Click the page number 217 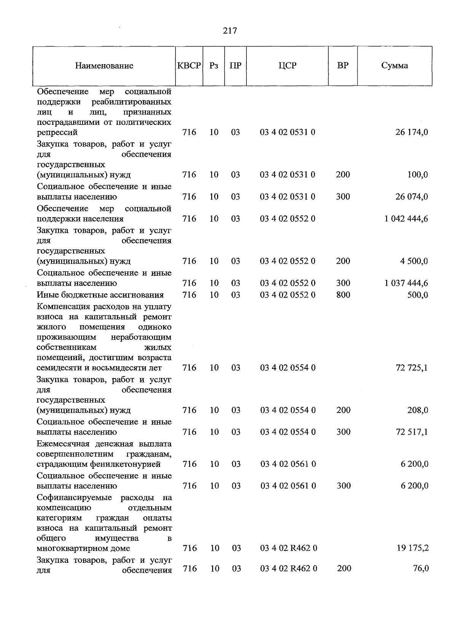pos(230,31)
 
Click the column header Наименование pos(104,66)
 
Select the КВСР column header pos(189,66)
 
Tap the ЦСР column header pos(287,66)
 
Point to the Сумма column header pos(395,66)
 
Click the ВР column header pos(343,66)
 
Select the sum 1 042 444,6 pos(406,219)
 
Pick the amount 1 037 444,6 pos(406,283)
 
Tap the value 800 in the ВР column pos(343,295)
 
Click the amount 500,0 pos(417,295)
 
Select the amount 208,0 pos(417,410)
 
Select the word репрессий pos(57,132)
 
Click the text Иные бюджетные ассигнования pos(100,295)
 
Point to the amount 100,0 pos(417,175)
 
